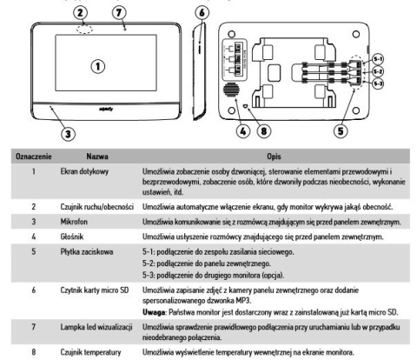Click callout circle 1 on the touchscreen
click(98, 65)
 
